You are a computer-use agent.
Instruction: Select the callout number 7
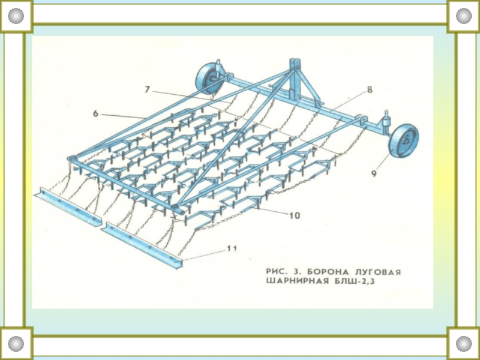click(x=147, y=89)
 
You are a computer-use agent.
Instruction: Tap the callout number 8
click(x=369, y=90)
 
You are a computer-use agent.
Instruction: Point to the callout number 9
click(x=373, y=174)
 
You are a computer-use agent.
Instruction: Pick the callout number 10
click(x=293, y=214)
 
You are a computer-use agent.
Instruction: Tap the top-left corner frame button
click(x=16, y=16)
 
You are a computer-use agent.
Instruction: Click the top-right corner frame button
click(x=464, y=16)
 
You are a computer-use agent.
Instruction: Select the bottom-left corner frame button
click(x=16, y=344)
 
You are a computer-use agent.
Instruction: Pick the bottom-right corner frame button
click(x=464, y=344)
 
